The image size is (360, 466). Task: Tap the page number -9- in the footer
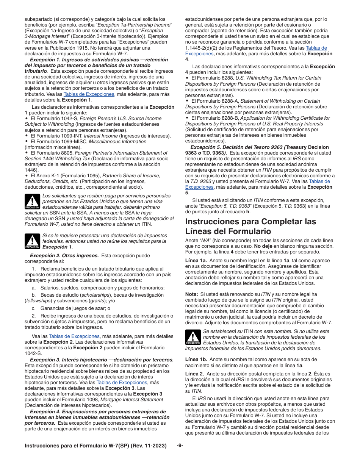click(180, 446)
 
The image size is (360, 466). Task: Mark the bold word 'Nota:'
click(191, 294)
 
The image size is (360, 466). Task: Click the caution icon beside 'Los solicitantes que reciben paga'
click(32, 202)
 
